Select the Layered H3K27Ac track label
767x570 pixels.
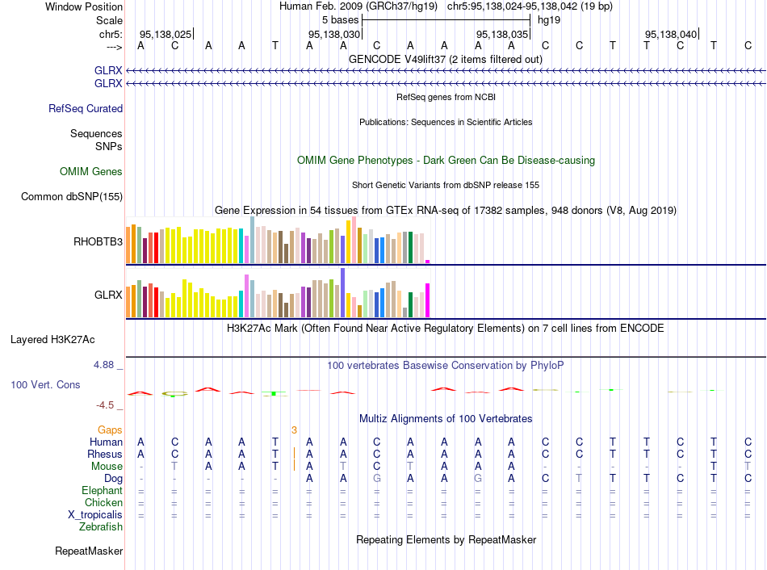[52, 339]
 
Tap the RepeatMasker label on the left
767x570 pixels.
[89, 551]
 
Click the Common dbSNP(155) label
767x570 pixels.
[72, 196]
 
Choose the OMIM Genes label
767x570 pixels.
[91, 171]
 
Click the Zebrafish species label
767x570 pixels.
[101, 527]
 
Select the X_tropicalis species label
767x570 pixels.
[95, 514]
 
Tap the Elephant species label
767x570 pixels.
[102, 490]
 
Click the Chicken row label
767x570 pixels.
[103, 502]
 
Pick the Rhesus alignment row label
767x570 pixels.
[105, 454]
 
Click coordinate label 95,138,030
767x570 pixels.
[334, 35]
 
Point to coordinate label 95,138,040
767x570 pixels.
[670, 35]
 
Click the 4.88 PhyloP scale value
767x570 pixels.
[106, 365]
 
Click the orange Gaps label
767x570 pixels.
[111, 430]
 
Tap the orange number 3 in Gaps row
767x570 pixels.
[295, 430]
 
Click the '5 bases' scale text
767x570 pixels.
[341, 19]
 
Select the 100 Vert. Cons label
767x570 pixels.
[45, 385]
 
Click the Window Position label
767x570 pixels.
[84, 6]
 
